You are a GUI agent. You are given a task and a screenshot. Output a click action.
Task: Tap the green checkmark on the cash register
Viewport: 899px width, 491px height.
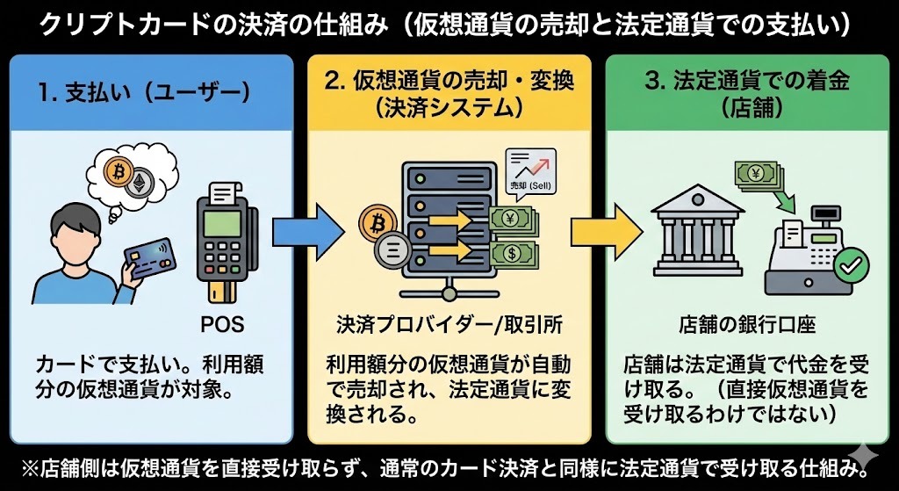point(850,264)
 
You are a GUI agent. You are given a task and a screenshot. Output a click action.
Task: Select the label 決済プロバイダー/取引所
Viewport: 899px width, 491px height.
point(448,324)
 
